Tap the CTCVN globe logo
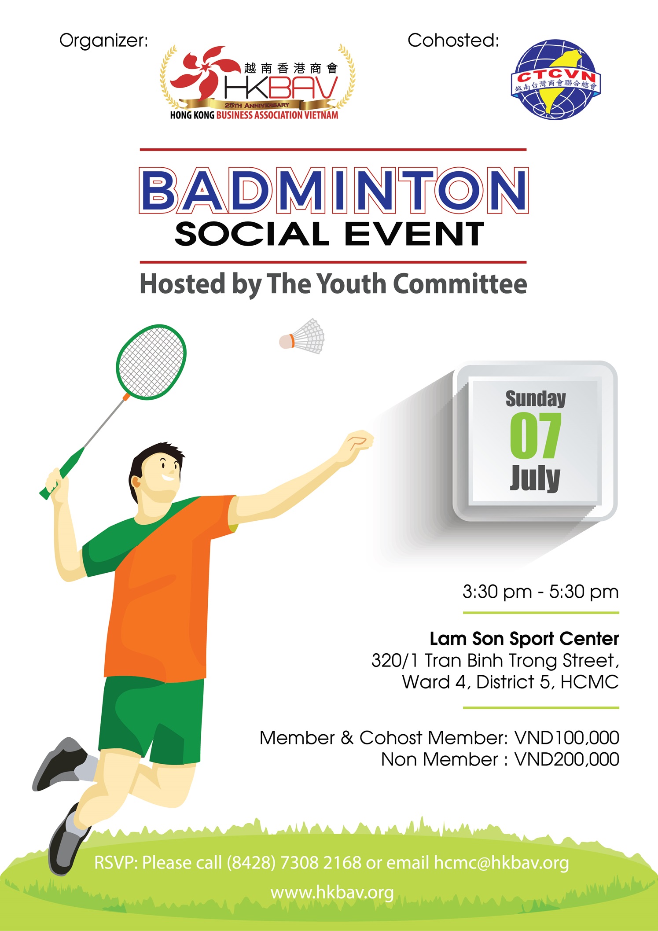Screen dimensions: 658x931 click(556, 79)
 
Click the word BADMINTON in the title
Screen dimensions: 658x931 click(334, 190)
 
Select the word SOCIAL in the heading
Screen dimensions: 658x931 click(252, 234)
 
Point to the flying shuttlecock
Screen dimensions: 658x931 click(302, 336)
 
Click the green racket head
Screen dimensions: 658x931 click(151, 362)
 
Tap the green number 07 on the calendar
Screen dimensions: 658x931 click(535, 436)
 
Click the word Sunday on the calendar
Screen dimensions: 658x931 click(536, 399)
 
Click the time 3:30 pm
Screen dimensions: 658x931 click(497, 592)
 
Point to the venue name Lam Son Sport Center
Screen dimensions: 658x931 click(524, 639)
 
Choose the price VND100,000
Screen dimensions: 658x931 click(567, 738)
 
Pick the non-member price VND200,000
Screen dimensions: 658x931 click(567, 759)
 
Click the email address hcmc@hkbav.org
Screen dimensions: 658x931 click(501, 863)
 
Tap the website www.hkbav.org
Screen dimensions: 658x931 click(332, 893)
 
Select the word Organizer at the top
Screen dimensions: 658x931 click(104, 41)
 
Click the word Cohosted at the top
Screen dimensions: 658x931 click(453, 40)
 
